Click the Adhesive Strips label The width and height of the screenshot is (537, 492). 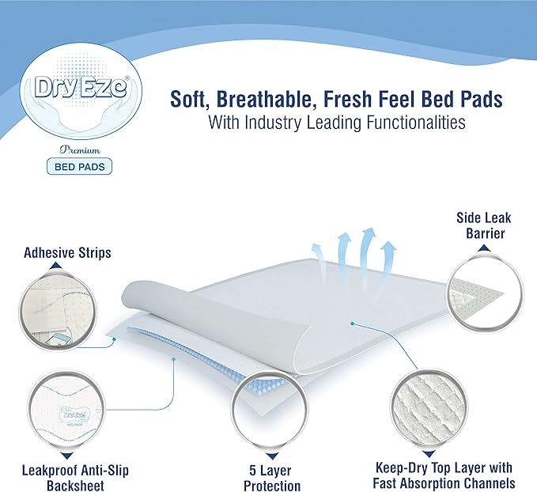pos(66,253)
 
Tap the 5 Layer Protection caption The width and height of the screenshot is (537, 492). pos(270,473)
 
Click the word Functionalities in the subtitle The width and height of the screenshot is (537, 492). pos(418,123)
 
